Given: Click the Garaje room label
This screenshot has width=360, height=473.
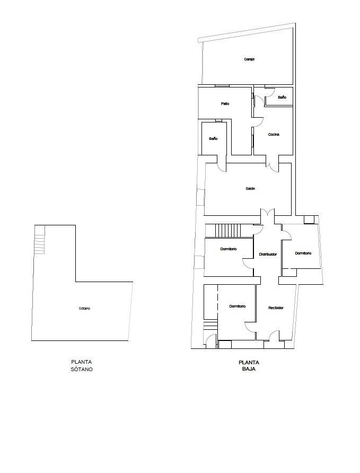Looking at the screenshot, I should coord(249,59).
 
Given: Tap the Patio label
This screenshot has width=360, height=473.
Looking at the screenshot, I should coord(225,104).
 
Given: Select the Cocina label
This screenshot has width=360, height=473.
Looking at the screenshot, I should coord(274,135).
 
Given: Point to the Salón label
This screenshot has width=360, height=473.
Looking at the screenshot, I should coord(250,189).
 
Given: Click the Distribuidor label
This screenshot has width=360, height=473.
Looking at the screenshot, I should coord(268,255).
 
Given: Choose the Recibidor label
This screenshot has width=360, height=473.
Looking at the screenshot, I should coord(276,308).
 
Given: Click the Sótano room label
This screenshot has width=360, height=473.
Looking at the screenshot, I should coord(84,309).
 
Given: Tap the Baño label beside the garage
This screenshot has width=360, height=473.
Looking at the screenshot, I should coord(282,98).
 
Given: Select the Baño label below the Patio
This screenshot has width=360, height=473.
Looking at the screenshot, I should coord(213,139).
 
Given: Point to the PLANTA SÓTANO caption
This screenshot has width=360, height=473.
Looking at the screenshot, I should coord(82,366).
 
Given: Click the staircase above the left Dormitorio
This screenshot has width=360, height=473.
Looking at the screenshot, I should coord(228,230).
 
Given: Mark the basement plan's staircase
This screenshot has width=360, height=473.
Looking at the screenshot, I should coord(39,240).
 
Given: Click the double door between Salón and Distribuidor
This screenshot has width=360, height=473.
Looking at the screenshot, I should coord(267,213).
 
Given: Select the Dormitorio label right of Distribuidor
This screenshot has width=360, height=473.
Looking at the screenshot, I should coord(303,253).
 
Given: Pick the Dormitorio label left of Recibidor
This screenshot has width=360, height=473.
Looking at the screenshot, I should coord(238,306).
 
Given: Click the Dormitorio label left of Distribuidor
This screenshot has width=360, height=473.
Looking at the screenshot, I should coord(229,249).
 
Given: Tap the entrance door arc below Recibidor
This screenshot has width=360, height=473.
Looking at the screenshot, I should coord(274,336).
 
